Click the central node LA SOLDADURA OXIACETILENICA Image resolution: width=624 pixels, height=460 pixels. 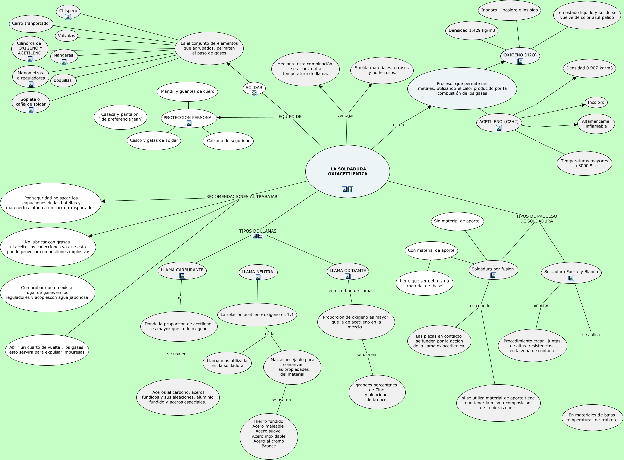[347, 171]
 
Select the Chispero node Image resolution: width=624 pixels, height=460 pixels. [68, 11]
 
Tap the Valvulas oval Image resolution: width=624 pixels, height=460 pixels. [66, 36]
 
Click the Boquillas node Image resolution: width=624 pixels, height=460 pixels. [63, 80]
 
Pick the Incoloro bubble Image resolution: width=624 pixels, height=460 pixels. [596, 102]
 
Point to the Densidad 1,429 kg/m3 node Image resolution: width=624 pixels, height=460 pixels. [472, 30]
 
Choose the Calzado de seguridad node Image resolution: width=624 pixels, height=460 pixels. [229, 141]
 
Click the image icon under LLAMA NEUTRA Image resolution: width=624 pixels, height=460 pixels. [258, 277]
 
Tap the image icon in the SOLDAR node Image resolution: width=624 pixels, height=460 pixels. [254, 93]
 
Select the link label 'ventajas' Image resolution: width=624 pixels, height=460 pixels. [346, 116]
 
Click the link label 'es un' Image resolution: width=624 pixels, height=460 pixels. [398, 125]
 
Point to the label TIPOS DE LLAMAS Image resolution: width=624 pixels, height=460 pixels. [258, 231]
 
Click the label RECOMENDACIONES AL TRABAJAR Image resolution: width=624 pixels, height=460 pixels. [242, 196]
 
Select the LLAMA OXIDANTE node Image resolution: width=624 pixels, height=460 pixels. [347, 271]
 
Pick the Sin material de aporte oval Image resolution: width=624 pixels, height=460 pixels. [457, 221]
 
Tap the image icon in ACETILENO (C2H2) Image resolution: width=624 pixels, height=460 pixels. [499, 128]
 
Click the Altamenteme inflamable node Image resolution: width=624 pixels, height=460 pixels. [596, 124]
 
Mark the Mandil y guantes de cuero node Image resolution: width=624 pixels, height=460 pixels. [188, 91]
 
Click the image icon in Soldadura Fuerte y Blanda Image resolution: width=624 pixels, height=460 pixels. [571, 278]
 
